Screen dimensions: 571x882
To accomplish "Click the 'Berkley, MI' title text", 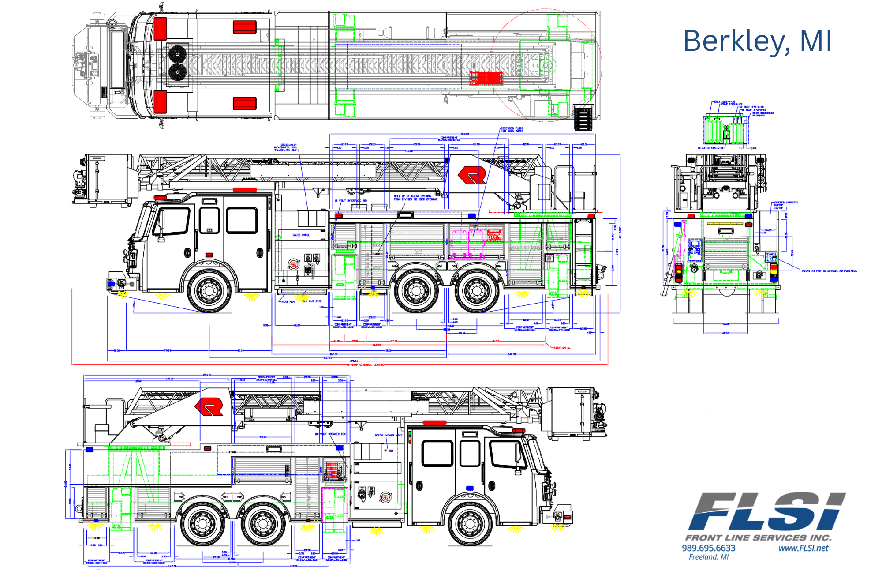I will tap(757, 41).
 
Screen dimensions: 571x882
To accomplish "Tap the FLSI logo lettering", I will tap(767, 511).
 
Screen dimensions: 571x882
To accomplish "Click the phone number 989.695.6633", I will tap(708, 548).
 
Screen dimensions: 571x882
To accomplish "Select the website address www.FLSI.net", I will tap(803, 548).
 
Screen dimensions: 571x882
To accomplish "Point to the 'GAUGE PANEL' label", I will tap(301, 235).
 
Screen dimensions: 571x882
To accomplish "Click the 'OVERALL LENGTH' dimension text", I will tap(371, 365).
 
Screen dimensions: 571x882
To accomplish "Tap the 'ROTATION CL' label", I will tap(562, 348).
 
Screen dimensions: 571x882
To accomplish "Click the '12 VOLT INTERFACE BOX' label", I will tap(351, 201).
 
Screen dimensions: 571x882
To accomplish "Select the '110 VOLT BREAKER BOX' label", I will tap(330, 434).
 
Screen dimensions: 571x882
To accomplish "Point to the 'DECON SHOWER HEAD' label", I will tap(389, 435).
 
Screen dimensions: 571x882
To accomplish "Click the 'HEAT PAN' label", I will tap(288, 302).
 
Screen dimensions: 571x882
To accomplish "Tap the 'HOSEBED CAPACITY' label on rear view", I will tap(785, 203).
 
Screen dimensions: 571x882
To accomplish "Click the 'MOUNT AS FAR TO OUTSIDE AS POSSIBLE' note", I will tap(829, 271).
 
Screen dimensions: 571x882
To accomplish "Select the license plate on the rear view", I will tap(759, 275).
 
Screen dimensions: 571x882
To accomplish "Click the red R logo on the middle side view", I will tap(472, 175).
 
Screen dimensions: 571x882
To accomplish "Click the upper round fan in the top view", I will tap(178, 54).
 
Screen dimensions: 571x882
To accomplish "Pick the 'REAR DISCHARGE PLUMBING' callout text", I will tap(763, 114).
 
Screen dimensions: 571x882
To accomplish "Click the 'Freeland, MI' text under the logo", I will tap(708, 557).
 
